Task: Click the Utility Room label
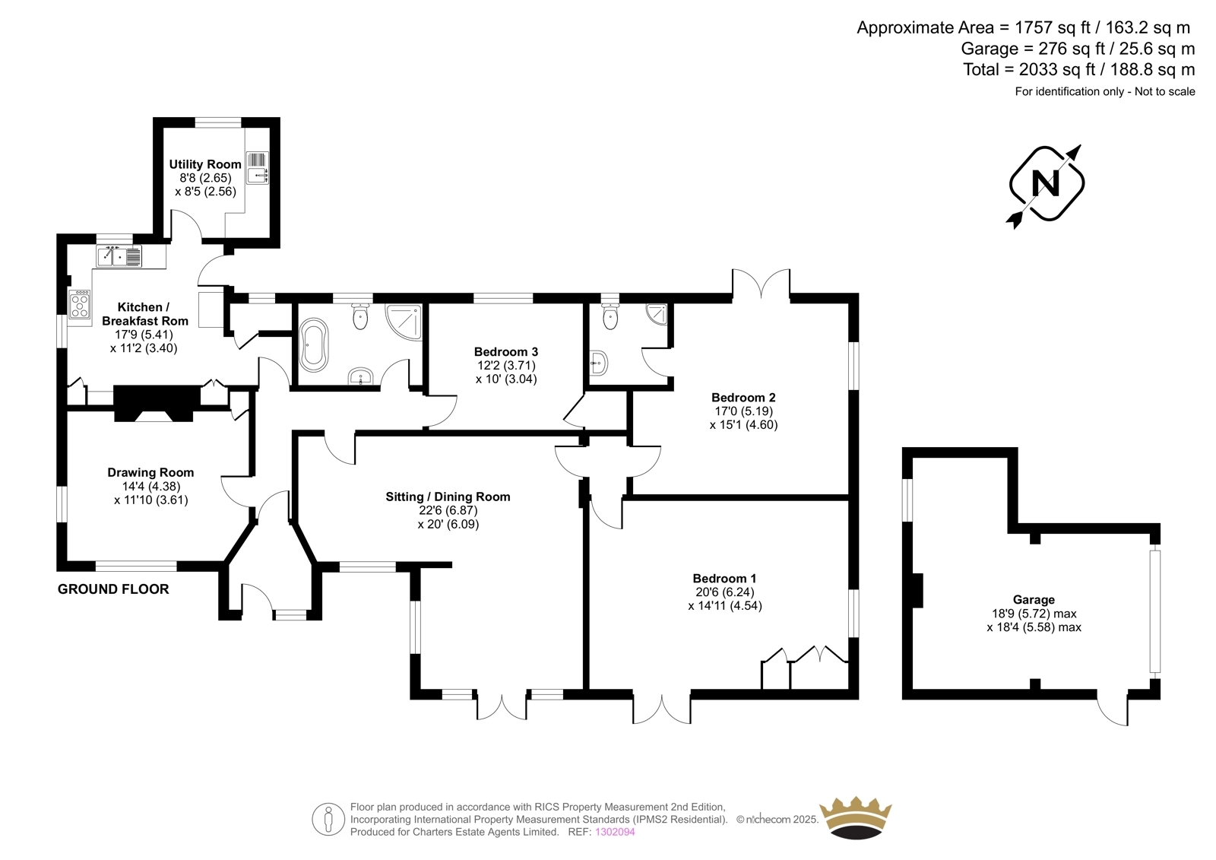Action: click(205, 164)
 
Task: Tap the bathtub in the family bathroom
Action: click(314, 345)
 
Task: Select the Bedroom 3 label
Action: click(506, 351)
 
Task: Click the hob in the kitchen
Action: click(80, 304)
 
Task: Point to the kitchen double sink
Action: click(119, 256)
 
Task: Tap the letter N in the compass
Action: click(1045, 183)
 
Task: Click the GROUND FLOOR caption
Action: click(113, 589)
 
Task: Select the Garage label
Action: click(1034, 600)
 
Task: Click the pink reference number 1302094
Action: click(615, 832)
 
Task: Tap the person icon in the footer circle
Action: click(328, 819)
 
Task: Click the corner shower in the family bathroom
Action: click(404, 322)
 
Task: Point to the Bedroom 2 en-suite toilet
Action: click(610, 315)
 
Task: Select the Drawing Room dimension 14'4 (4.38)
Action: click(151, 486)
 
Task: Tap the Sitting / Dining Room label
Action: click(448, 497)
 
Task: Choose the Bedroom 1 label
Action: click(725, 578)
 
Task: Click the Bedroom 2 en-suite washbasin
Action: click(599, 363)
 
